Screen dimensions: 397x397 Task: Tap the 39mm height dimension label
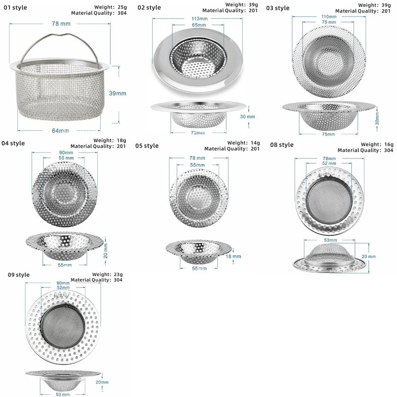(118, 93)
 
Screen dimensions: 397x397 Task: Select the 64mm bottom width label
(60, 131)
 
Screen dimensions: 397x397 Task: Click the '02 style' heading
(149, 8)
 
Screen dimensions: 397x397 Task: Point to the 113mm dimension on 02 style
(200, 19)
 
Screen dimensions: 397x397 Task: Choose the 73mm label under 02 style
(198, 133)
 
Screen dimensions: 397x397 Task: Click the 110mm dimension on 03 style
(329, 17)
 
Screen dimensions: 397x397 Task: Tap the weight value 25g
(122, 7)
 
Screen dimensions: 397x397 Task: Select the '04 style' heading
(13, 143)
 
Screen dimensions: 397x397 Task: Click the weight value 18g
(121, 140)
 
